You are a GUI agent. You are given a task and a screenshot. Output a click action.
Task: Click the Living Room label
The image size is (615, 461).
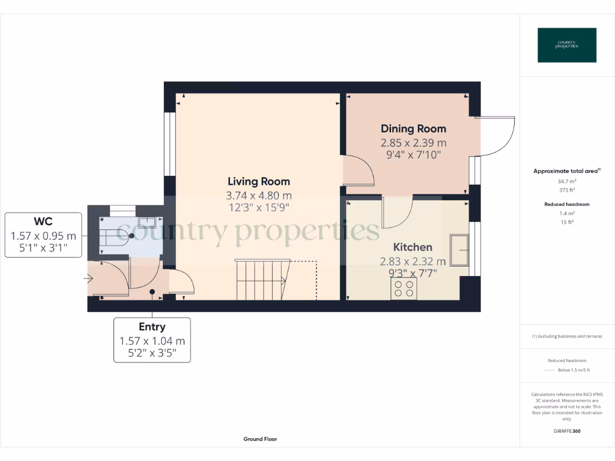pos(258,181)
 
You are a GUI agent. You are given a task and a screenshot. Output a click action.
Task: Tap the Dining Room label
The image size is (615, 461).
pos(413,128)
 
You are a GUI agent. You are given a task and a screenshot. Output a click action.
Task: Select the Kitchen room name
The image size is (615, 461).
pos(413,247)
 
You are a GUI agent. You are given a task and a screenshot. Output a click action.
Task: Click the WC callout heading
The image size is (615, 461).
pos(43,222)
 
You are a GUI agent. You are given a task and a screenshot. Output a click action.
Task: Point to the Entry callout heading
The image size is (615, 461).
pos(152,327)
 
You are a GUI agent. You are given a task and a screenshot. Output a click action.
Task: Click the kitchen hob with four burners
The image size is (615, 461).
pos(404,289)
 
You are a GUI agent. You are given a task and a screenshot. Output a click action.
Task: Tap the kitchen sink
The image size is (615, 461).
pos(459,250)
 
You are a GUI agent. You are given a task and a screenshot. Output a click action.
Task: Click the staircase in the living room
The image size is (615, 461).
pos(262,279)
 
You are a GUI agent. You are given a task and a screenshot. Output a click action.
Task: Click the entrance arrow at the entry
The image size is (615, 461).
pos(88,279)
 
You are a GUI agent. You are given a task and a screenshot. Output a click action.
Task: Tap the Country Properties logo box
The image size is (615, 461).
pos(566,45)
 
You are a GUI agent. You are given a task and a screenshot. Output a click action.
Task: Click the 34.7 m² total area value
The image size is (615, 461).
pos(568,181)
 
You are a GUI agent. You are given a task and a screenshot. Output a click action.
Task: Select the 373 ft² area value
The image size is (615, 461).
pos(568,190)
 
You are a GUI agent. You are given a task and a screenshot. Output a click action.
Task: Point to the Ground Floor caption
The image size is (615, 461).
pos(260,439)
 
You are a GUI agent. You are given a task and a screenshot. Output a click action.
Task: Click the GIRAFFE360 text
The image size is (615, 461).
pos(567,431)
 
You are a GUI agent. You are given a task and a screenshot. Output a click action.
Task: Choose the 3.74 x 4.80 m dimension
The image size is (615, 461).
pos(258,196)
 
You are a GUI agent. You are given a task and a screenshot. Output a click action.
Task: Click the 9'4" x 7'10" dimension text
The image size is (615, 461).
pos(413,155)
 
